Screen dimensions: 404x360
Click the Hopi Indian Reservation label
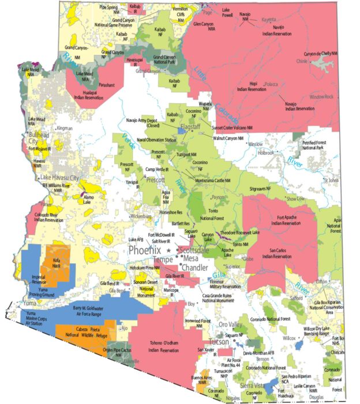pos(249,88)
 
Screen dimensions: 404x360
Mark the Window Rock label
pos(321,96)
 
